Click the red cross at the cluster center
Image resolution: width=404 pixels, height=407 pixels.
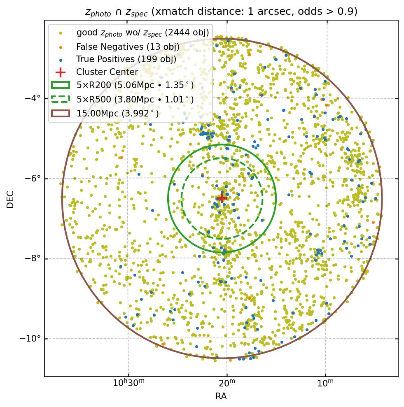click(x=222, y=198)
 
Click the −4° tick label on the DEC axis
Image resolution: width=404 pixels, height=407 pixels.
click(x=33, y=98)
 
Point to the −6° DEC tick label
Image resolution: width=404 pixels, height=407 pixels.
click(x=33, y=179)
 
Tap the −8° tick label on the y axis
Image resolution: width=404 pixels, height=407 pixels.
click(x=33, y=258)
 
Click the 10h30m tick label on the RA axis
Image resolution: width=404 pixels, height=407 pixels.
click(x=128, y=384)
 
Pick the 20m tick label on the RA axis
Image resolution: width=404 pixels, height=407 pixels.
click(x=227, y=384)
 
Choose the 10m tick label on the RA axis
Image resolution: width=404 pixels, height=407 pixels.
click(x=325, y=384)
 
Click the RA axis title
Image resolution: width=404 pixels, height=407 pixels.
click(x=221, y=396)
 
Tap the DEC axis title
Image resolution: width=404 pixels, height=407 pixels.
click(x=11, y=199)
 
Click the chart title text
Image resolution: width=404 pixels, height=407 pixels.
click(x=221, y=12)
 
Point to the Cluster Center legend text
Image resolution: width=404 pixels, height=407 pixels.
click(x=107, y=72)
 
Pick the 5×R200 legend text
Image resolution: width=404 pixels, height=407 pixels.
click(x=135, y=86)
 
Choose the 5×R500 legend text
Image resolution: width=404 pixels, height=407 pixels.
click(x=135, y=99)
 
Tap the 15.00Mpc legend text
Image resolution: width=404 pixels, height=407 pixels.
click(x=118, y=113)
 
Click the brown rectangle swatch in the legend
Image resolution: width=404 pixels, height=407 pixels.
click(x=61, y=113)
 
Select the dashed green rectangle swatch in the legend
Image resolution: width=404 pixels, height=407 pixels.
click(x=61, y=99)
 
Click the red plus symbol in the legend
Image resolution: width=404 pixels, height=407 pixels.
click(x=61, y=72)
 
